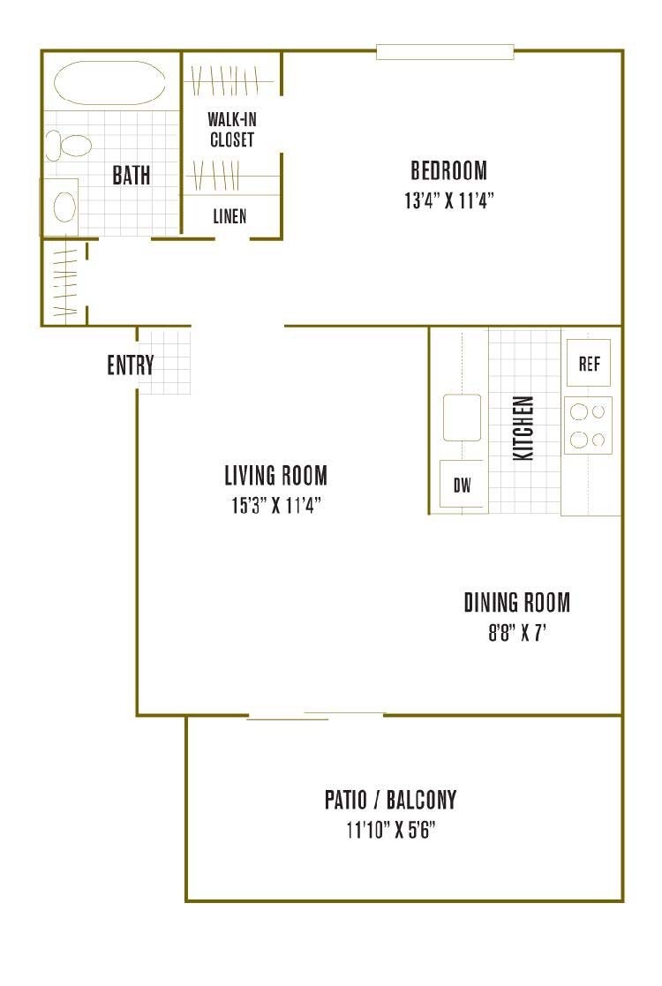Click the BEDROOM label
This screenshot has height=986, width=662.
tap(448, 169)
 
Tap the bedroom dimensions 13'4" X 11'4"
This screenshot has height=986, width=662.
tap(448, 200)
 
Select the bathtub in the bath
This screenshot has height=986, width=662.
tap(109, 83)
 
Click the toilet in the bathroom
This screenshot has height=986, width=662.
tap(69, 145)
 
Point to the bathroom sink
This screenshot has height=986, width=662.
tap(64, 207)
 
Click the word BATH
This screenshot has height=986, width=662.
tap(131, 175)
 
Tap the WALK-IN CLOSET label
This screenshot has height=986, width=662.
tap(231, 129)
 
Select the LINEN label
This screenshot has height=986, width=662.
tap(229, 215)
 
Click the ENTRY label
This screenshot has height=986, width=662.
tap(131, 365)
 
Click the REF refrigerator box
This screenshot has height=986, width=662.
tap(589, 363)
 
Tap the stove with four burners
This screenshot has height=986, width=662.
tap(588, 425)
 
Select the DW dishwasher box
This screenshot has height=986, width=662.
tap(462, 485)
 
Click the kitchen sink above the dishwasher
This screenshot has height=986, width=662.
tap(462, 418)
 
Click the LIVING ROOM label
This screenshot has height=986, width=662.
tap(275, 476)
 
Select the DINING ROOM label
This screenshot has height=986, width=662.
tap(516, 602)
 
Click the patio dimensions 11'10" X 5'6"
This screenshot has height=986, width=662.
tap(390, 830)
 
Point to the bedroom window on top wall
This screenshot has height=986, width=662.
tap(445, 52)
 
